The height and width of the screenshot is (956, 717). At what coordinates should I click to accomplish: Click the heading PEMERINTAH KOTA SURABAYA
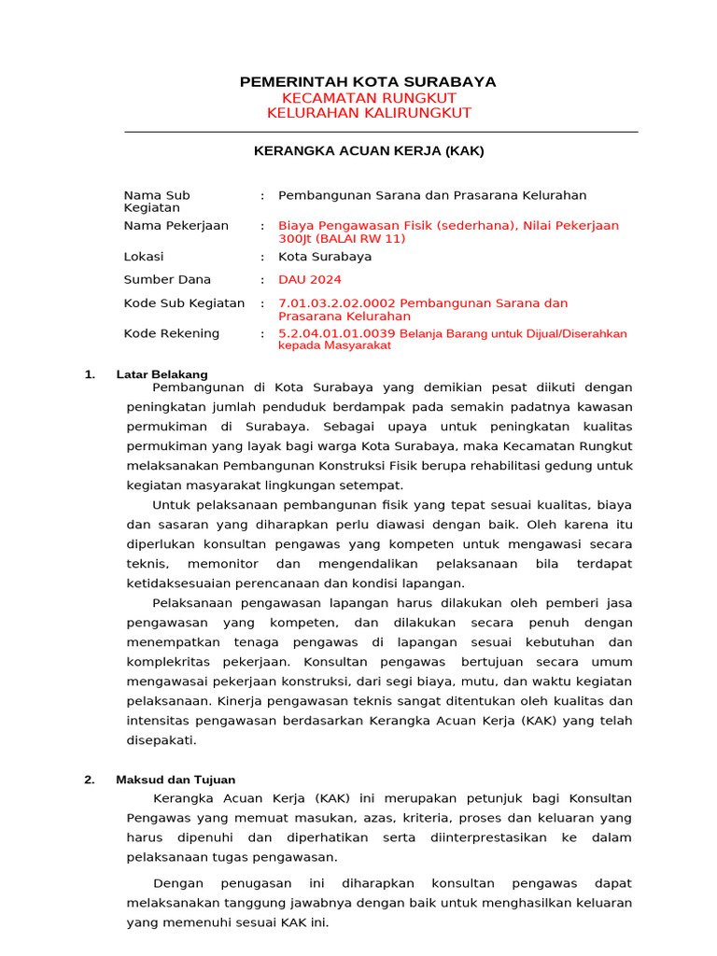click(368, 82)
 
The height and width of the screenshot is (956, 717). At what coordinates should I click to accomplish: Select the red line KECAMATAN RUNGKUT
click(369, 98)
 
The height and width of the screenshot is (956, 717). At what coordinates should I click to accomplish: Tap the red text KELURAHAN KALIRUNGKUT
click(369, 113)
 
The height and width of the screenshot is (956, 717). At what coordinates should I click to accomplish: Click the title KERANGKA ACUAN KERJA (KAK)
click(369, 150)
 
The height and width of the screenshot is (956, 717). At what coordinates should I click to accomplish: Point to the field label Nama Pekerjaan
click(176, 226)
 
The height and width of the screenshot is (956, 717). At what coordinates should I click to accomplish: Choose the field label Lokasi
click(144, 256)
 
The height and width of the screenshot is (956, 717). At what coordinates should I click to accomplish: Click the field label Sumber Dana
click(167, 279)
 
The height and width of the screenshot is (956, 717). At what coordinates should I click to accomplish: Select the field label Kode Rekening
click(172, 333)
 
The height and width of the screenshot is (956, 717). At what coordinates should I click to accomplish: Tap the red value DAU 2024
click(310, 279)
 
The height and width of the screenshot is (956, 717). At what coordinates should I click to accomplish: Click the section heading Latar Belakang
click(162, 374)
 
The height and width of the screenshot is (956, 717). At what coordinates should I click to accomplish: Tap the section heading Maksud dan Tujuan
click(176, 780)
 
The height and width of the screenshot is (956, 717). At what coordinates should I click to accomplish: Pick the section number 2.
click(89, 780)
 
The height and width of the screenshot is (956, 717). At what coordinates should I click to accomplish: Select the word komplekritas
click(171, 661)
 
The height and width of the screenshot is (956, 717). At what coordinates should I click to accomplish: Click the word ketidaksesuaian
click(183, 583)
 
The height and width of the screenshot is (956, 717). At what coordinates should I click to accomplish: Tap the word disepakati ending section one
click(162, 739)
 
